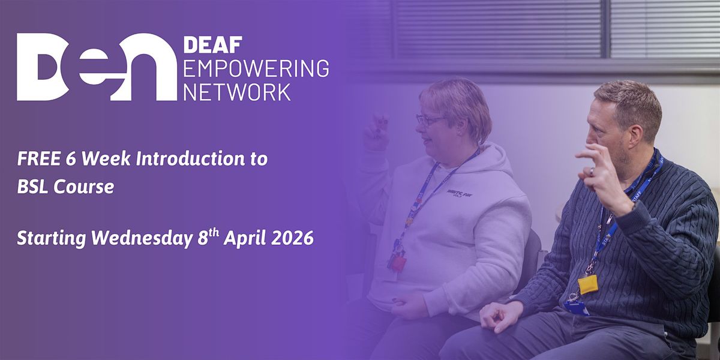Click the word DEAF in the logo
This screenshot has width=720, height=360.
point(213,44)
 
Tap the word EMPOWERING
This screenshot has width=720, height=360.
point(256,68)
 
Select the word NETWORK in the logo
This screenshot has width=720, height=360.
point(237,92)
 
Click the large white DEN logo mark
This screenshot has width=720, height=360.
point(97,67)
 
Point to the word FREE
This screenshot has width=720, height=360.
point(38,159)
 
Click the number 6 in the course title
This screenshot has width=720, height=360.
point(71,159)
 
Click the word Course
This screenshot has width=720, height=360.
point(83,187)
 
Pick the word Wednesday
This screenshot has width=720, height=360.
point(142,239)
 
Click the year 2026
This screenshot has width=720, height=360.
point(292,239)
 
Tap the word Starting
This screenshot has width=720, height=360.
point(52,239)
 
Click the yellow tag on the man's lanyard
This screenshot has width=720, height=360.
point(588,284)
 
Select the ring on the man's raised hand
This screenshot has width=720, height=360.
point(592,172)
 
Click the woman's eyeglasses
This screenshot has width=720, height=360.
point(430,120)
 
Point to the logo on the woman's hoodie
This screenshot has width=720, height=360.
point(460,193)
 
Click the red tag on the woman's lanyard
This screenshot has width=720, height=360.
point(398,263)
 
